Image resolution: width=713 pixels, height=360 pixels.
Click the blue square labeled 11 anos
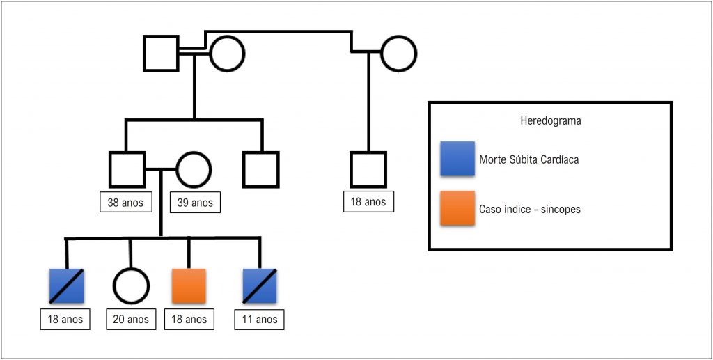260,286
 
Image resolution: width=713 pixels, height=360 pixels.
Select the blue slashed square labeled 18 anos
66,286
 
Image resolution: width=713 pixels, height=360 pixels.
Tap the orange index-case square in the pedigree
189,286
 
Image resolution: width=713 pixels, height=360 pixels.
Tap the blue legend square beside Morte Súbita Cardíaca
457,159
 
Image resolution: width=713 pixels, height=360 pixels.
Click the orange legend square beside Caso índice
457,208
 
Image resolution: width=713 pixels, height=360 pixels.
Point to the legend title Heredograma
550,122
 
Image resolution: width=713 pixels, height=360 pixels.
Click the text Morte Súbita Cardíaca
529,160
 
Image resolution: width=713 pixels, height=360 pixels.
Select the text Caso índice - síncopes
530,210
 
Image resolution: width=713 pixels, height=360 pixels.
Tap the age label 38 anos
125,202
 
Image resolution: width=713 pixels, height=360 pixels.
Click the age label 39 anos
195,202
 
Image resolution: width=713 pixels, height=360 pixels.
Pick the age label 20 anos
131,319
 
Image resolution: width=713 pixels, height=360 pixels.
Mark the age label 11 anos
259,319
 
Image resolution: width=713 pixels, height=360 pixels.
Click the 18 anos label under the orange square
189,319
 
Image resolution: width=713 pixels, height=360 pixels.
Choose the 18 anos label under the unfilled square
368,202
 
